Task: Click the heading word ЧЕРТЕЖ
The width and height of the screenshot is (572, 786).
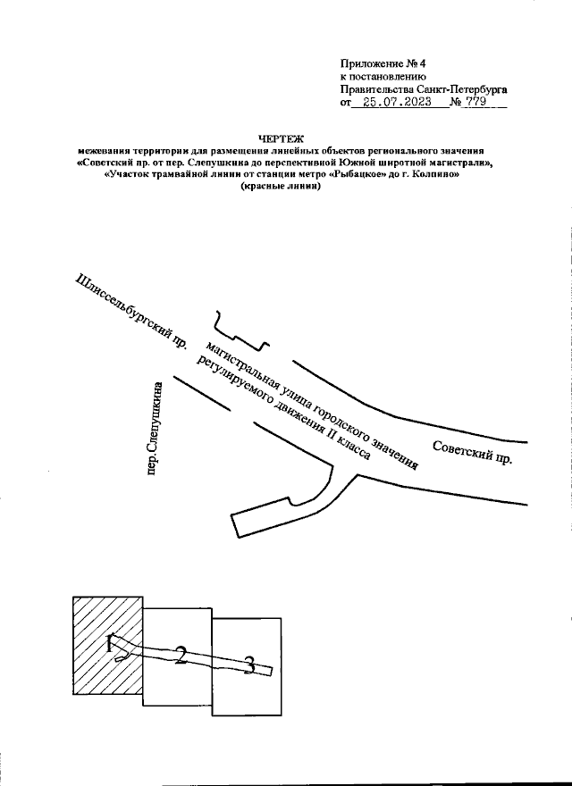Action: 281,139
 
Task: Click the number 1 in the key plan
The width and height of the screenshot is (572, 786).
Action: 110,643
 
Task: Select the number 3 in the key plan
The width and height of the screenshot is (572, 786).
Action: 249,665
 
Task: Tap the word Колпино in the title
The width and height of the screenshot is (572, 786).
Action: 435,175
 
